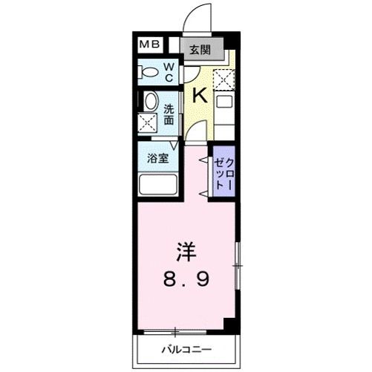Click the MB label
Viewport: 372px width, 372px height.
[150, 45]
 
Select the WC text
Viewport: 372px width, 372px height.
[169, 73]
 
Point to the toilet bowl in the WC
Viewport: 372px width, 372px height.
[149, 73]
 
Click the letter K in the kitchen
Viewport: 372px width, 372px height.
[199, 94]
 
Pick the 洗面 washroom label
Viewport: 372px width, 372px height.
[169, 112]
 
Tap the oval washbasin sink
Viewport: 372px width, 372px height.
[149, 102]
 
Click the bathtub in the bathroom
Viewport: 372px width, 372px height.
[157, 185]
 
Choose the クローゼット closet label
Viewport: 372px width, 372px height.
[224, 173]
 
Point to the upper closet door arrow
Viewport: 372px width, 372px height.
[202, 159]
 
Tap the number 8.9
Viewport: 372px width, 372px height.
[187, 280]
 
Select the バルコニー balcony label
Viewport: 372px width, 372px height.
[186, 348]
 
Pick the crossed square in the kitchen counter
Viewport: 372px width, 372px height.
[223, 78]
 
